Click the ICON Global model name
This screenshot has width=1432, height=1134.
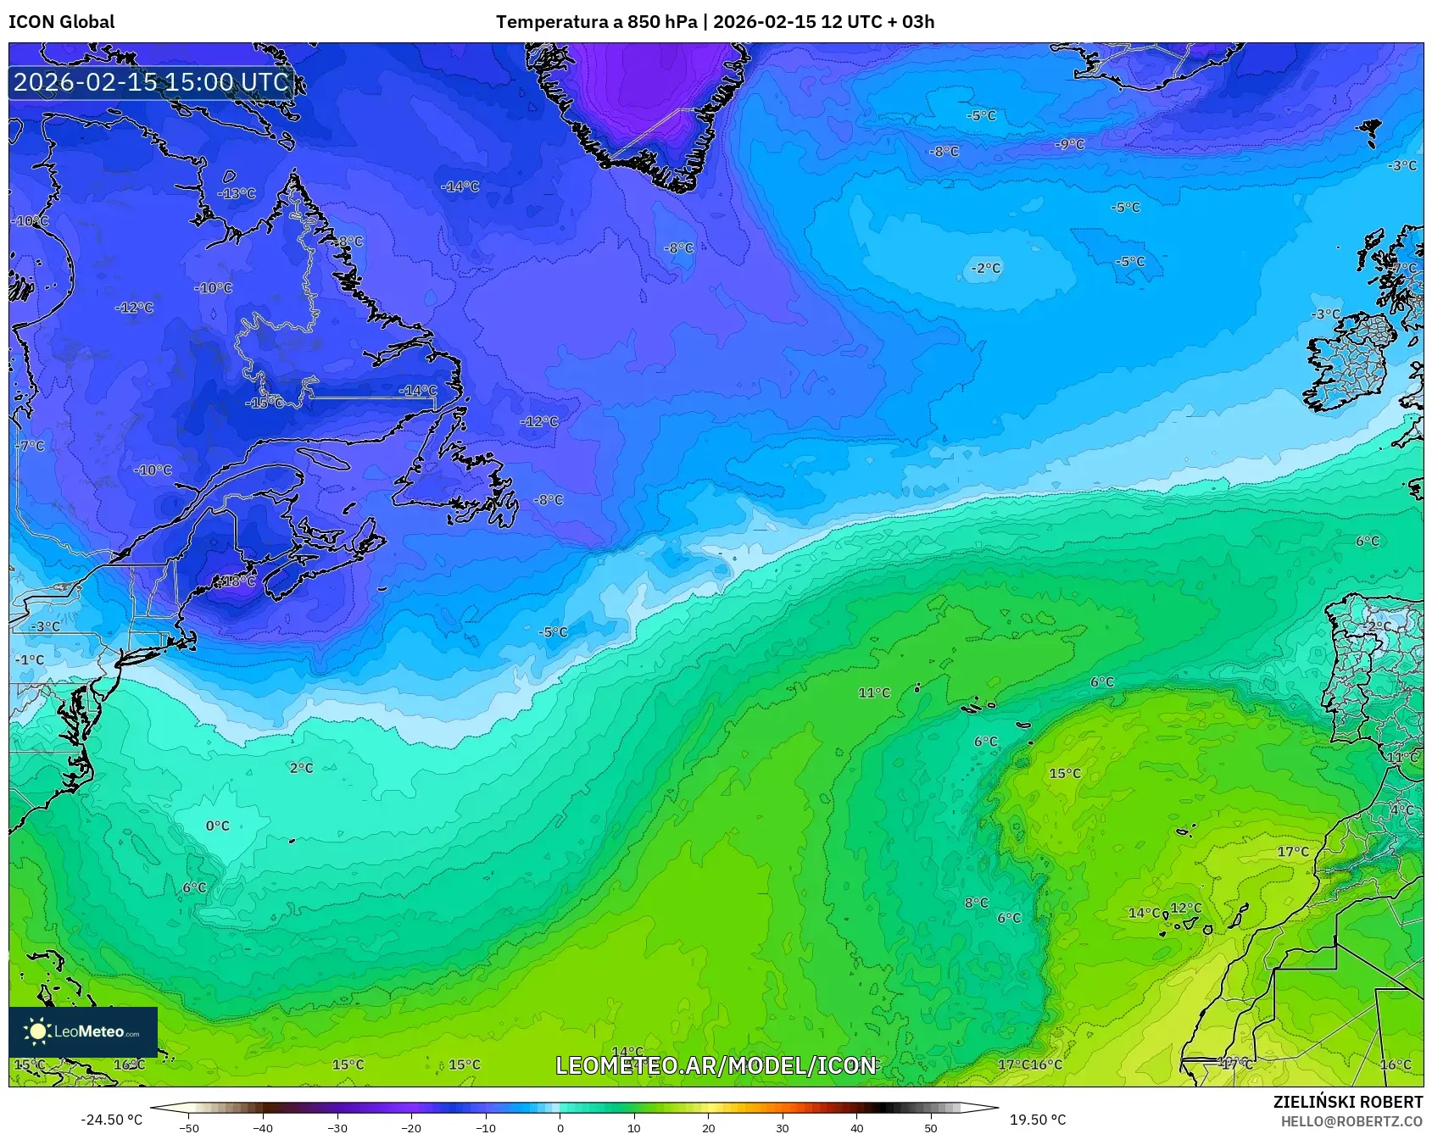coord(61,22)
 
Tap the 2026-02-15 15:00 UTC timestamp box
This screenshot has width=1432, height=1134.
coord(151,82)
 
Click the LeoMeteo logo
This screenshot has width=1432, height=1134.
coord(83,1031)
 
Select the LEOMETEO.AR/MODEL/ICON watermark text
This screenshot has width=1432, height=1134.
coord(716,1065)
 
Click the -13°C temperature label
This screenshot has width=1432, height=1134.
coord(237,193)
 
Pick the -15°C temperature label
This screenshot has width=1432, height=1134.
coord(265,403)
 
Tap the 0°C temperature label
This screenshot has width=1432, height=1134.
coord(218,825)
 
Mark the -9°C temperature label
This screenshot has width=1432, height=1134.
coord(1069,144)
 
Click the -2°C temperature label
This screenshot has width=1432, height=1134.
coord(985,268)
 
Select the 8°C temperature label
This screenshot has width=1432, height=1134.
coord(976,903)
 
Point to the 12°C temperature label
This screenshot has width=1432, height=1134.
coord(1185,908)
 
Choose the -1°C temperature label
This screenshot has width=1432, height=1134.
coord(30,659)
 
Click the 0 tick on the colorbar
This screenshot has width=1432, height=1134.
coord(560,1127)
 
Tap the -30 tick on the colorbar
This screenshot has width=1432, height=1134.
coord(337,1127)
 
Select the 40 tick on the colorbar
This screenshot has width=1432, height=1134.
coord(856,1127)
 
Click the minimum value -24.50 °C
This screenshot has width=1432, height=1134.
coord(111,1120)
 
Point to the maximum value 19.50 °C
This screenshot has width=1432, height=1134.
coord(1037,1120)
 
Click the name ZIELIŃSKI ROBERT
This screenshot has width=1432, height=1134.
coord(1347,1102)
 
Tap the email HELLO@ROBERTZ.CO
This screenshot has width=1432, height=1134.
coord(1351,1121)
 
